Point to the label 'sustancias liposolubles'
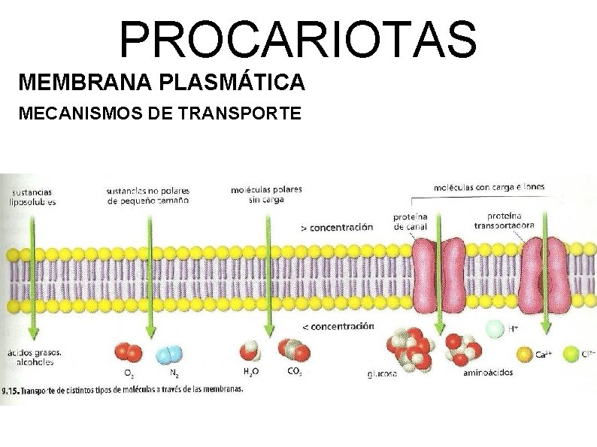[x=32, y=196]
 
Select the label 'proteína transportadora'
[x=505, y=219]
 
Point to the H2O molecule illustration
[x=249, y=351]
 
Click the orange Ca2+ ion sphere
[x=525, y=352]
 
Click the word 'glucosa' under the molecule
[x=383, y=373]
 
